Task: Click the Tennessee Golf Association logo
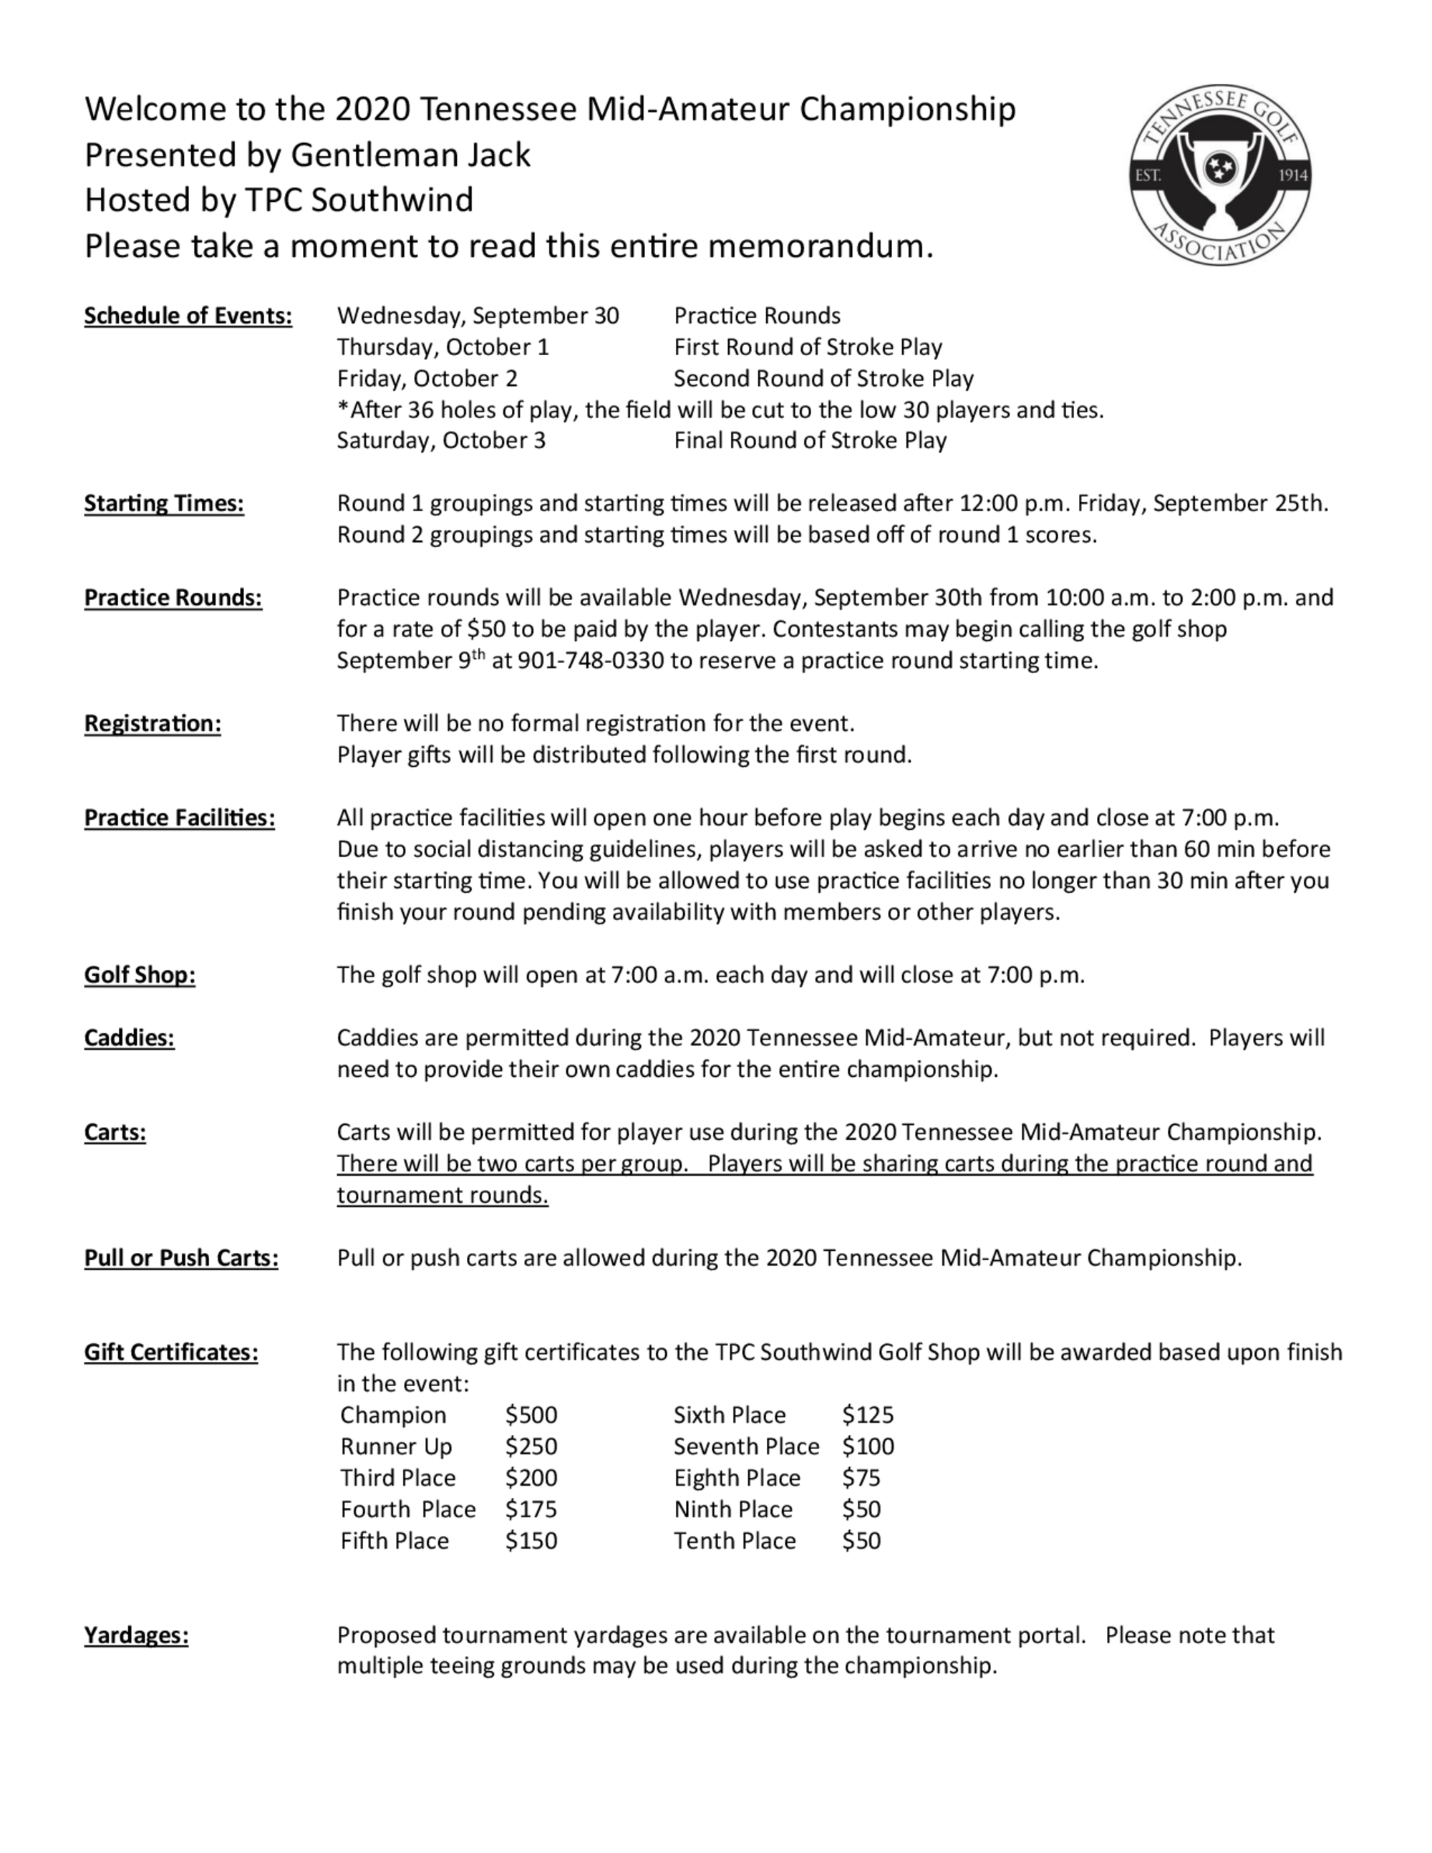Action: coord(1220,175)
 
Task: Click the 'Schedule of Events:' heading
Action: coord(188,316)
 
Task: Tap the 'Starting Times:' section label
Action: coord(164,503)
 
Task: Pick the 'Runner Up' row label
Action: coord(396,1446)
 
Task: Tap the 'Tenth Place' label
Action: coord(735,1541)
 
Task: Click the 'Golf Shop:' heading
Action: coord(139,975)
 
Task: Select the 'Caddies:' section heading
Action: coord(129,1037)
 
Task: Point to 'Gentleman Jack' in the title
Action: coord(410,155)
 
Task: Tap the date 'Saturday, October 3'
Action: coord(441,440)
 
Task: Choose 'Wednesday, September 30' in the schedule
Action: coord(478,316)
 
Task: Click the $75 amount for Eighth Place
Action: coord(861,1478)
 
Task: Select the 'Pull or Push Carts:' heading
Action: coord(180,1257)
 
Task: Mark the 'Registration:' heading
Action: coord(152,724)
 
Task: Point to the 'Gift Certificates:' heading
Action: coord(170,1353)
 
